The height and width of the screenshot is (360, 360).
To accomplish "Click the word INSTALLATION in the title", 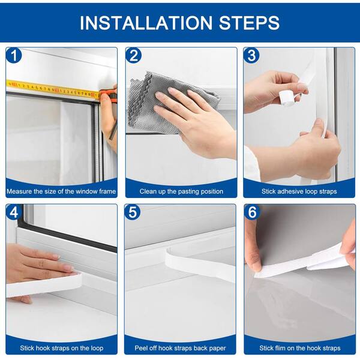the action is pyautogui.click(x=146, y=23).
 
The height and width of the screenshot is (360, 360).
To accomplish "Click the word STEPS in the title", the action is pyautogui.click(x=249, y=23).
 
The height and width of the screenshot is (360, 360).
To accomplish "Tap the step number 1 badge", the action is pyautogui.click(x=14, y=56).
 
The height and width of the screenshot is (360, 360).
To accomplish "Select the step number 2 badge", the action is pyautogui.click(x=134, y=56).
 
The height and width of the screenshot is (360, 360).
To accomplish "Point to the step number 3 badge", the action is pyautogui.click(x=251, y=56).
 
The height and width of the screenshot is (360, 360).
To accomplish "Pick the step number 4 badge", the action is pyautogui.click(x=14, y=212).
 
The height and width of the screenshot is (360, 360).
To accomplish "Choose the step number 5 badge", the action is pyautogui.click(x=133, y=212).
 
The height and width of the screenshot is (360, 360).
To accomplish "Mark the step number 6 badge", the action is pyautogui.click(x=252, y=212).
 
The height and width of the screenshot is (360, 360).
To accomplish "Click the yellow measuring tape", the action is pyautogui.click(x=53, y=89).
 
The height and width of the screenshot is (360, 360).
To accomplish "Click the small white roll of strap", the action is pyautogui.click(x=287, y=99).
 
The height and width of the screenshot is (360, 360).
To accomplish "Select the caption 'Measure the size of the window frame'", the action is pyautogui.click(x=61, y=191).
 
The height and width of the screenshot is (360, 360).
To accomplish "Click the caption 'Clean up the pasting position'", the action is pyautogui.click(x=181, y=191).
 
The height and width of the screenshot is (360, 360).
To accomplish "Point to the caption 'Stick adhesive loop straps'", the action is pyautogui.click(x=299, y=191).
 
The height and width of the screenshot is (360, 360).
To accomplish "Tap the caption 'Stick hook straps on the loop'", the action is pyautogui.click(x=62, y=348).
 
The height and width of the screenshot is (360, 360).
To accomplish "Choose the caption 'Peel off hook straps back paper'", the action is pyautogui.click(x=180, y=348).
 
